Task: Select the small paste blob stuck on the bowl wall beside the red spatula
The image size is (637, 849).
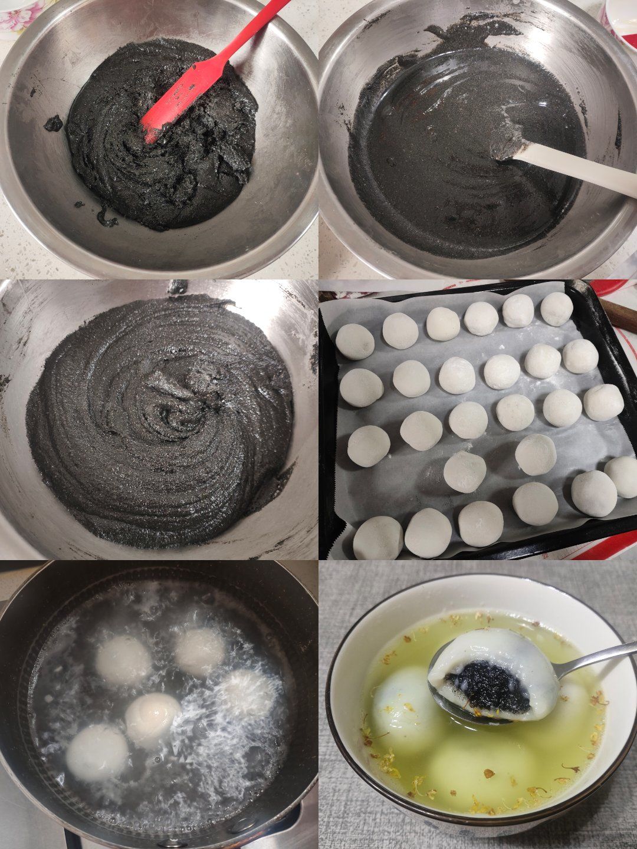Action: coord(54,123)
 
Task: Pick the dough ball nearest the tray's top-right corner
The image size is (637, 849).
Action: coord(556,309)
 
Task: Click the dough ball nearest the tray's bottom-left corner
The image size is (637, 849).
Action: coord(378,537)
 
